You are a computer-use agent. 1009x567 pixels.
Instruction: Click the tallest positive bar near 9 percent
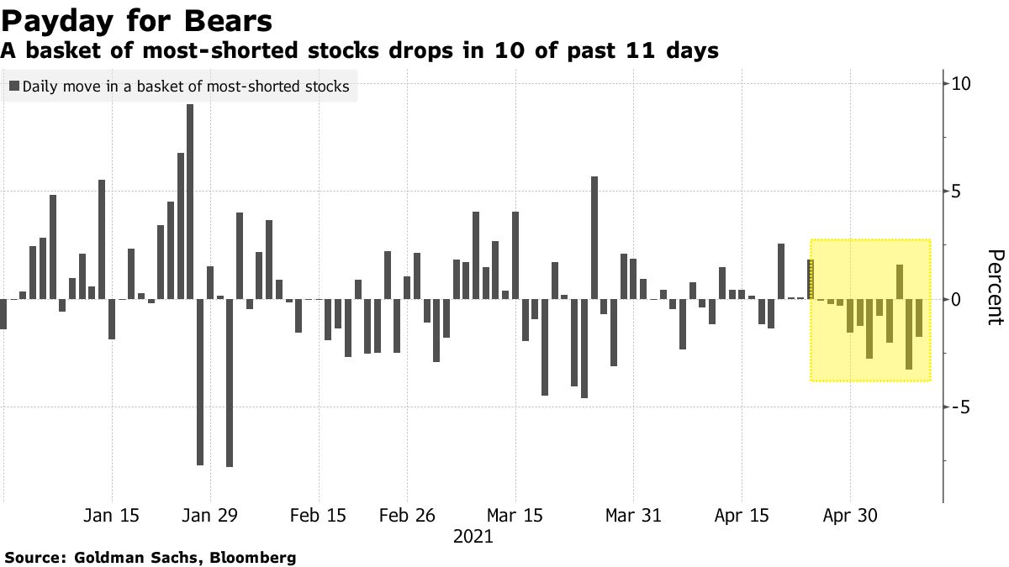[190, 202]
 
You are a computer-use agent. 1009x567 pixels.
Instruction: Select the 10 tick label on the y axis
[961, 84]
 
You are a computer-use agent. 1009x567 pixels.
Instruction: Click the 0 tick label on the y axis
[957, 299]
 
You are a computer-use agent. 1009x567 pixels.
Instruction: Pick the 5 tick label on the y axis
[957, 192]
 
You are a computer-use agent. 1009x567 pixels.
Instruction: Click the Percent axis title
[995, 286]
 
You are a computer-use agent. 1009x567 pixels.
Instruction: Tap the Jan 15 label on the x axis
[112, 516]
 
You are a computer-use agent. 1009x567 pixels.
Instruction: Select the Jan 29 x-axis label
[210, 516]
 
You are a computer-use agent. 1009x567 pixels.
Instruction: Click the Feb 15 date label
[319, 516]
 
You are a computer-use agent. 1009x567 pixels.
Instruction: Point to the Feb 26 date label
[407, 516]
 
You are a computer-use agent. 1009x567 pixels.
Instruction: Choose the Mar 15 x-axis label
[515, 516]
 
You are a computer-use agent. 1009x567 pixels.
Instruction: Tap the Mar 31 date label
[633, 516]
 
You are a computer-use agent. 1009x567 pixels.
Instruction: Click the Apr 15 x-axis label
[742, 516]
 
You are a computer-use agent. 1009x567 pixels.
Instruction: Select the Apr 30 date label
[850, 516]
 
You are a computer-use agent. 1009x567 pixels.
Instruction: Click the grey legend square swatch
[14, 86]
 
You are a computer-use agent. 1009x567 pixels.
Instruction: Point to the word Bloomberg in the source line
[252, 557]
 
